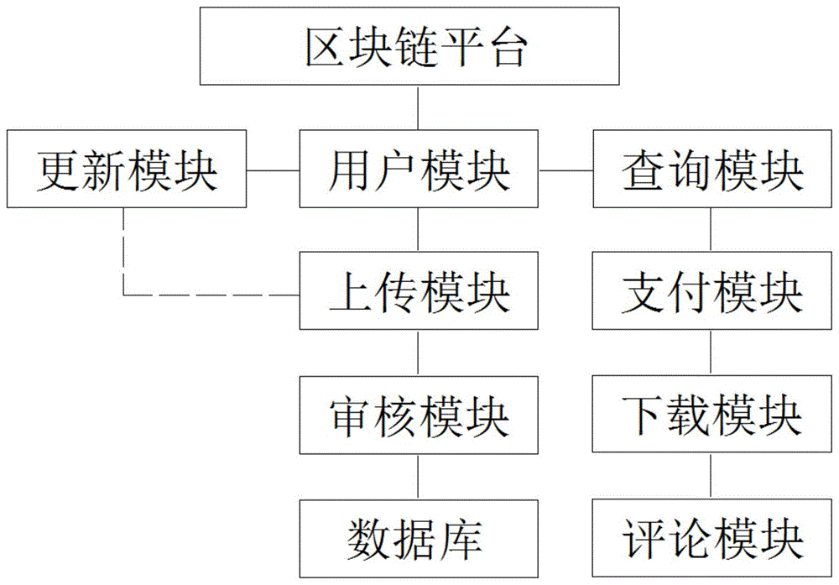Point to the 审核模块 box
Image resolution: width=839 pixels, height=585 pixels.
pyautogui.click(x=417, y=414)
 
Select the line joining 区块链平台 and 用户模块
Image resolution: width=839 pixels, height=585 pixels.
pyautogui.click(x=417, y=107)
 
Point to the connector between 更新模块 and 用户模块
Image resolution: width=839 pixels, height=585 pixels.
pyautogui.click(x=274, y=171)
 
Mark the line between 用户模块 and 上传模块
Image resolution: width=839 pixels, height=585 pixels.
pyautogui.click(x=417, y=231)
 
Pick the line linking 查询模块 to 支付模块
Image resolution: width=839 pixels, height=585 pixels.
pyautogui.click(x=711, y=231)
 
